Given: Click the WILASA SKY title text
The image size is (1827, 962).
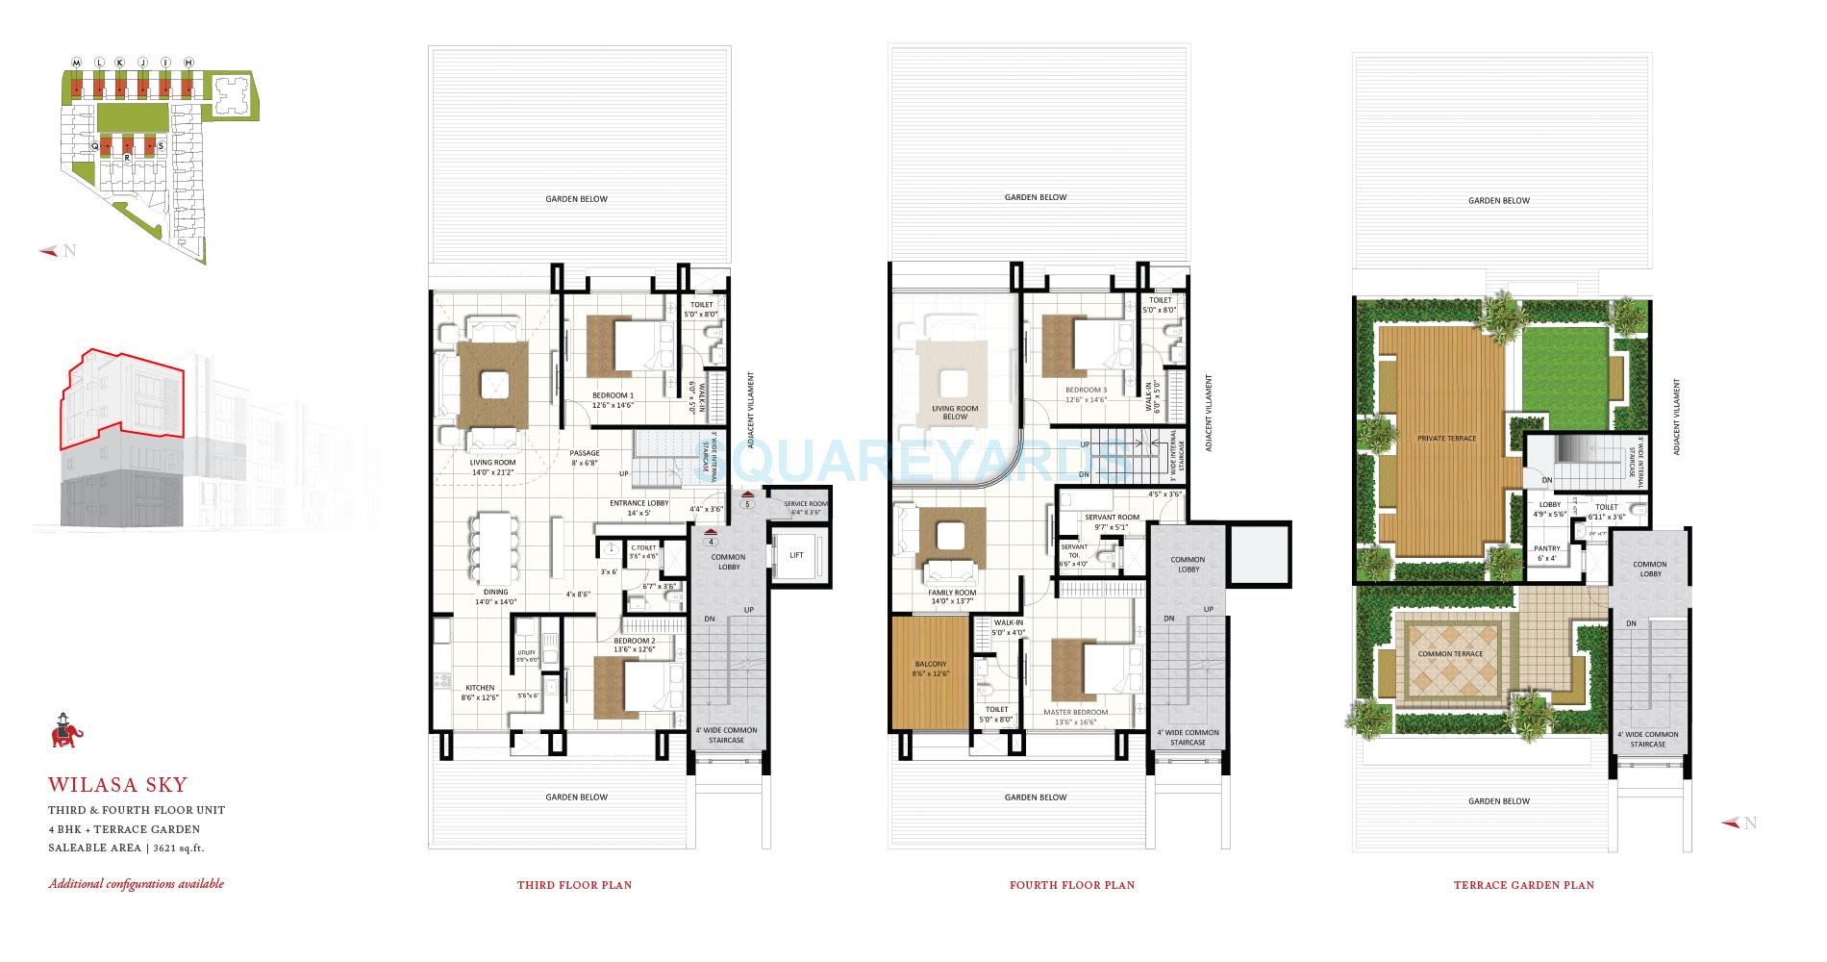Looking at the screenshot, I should tap(118, 786).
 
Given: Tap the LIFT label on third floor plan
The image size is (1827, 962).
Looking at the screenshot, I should tap(797, 556).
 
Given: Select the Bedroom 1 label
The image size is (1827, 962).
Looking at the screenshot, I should tap(613, 395).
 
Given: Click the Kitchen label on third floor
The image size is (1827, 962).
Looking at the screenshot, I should tap(480, 688).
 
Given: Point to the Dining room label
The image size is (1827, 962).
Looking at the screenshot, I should tap(495, 593).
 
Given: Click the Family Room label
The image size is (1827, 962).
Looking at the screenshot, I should tap(952, 593).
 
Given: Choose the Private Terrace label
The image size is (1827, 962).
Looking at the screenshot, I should tap(1446, 438).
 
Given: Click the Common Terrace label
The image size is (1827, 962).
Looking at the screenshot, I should tap(1450, 654).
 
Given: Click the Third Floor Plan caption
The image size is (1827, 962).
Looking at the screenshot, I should tap(574, 885).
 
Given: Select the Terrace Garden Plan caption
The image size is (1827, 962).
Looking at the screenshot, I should tap(1523, 885).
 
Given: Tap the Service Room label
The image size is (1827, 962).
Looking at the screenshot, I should tap(805, 504).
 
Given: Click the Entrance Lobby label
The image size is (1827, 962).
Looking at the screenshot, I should tap(638, 503).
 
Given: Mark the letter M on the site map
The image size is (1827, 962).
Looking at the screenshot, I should tap(76, 63).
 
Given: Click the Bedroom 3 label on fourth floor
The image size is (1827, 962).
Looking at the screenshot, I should tap(1086, 390).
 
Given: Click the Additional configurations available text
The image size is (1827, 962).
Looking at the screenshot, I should tap(136, 883).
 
